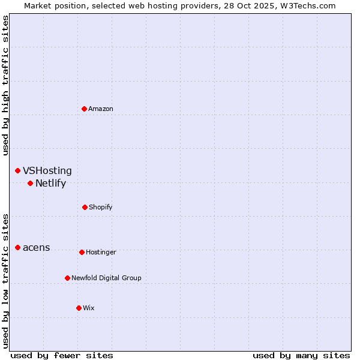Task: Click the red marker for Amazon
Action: click(85, 109)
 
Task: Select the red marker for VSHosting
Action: click(17, 171)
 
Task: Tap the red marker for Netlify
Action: click(30, 183)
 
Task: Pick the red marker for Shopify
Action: click(85, 207)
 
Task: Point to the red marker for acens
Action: click(17, 247)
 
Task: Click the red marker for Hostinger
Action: click(82, 252)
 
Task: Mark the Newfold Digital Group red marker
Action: click(67, 278)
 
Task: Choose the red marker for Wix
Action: click(79, 308)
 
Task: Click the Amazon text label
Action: click(101, 109)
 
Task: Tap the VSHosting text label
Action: click(47, 171)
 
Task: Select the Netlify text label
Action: click(50, 183)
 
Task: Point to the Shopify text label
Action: click(101, 207)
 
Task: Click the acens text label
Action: click(37, 247)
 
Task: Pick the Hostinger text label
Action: click(101, 252)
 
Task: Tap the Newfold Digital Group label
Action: click(106, 278)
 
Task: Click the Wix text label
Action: click(89, 308)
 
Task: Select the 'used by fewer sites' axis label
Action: click(62, 355)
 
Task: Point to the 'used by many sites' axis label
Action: click(301, 355)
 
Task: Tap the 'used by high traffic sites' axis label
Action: click(5, 85)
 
